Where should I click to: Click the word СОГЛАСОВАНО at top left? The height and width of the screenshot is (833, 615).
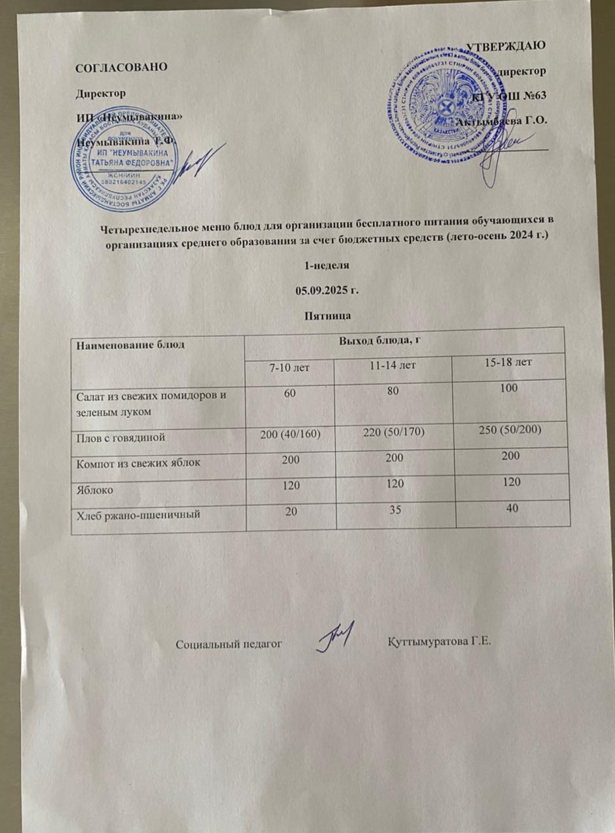click(x=122, y=67)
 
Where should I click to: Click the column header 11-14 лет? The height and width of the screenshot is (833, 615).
click(x=393, y=367)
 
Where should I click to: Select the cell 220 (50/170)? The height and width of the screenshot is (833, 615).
click(x=392, y=435)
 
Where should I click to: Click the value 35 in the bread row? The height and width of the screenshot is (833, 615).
click(x=393, y=510)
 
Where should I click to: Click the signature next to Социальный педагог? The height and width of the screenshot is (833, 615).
click(x=336, y=635)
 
